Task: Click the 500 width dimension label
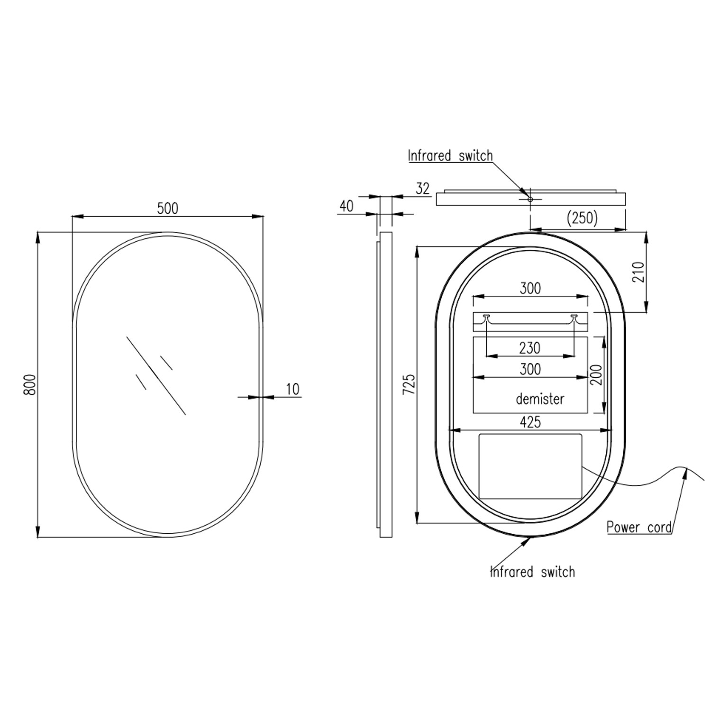(x=168, y=208)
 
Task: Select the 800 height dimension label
(x=30, y=384)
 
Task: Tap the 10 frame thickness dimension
(x=293, y=389)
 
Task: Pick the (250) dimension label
(x=583, y=218)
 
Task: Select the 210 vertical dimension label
(x=638, y=273)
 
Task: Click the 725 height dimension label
(x=409, y=384)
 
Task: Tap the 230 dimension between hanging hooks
(x=529, y=348)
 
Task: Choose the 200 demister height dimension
(x=597, y=374)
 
